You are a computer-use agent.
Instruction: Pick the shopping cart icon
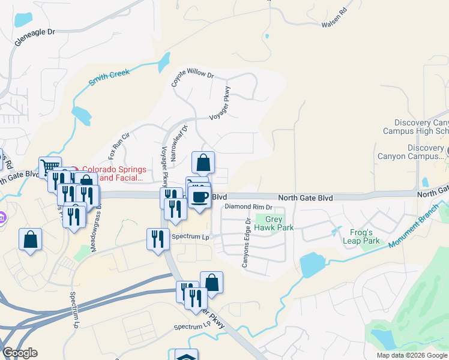(x=50, y=167)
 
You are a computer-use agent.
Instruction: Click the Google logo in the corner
(x=20, y=353)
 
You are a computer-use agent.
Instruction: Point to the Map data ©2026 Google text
(x=412, y=355)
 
